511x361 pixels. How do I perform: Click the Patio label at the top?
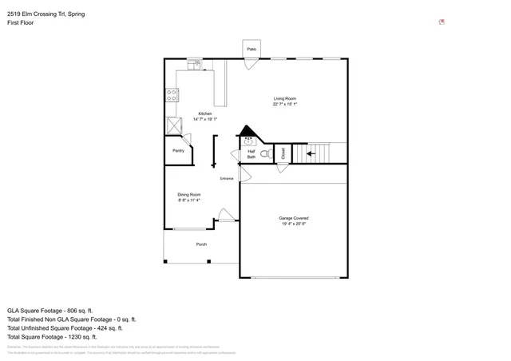pos(251,50)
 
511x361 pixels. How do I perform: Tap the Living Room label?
pos(285,98)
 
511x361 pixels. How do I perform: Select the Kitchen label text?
pos(205,113)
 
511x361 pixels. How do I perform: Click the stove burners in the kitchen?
pos(172,95)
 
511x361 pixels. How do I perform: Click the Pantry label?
pos(178,150)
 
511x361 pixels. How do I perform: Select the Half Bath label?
pos(251,154)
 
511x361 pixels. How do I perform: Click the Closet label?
pos(283,153)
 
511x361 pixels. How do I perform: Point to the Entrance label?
pos(227,178)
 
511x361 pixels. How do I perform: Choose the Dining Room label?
pos(188,194)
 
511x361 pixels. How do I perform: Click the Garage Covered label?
pos(294,218)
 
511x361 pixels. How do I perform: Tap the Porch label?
pos(201,244)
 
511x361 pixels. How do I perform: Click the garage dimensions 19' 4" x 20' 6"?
pos(294,224)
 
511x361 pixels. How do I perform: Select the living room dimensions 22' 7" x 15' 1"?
pos(285,104)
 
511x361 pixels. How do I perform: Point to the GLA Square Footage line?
pos(50,310)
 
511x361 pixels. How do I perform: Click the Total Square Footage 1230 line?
pos(55,336)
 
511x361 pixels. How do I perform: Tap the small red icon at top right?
pos(442,22)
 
